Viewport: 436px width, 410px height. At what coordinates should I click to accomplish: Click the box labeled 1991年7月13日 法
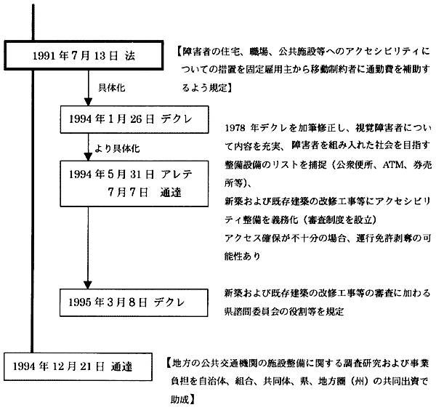pos(85,56)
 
